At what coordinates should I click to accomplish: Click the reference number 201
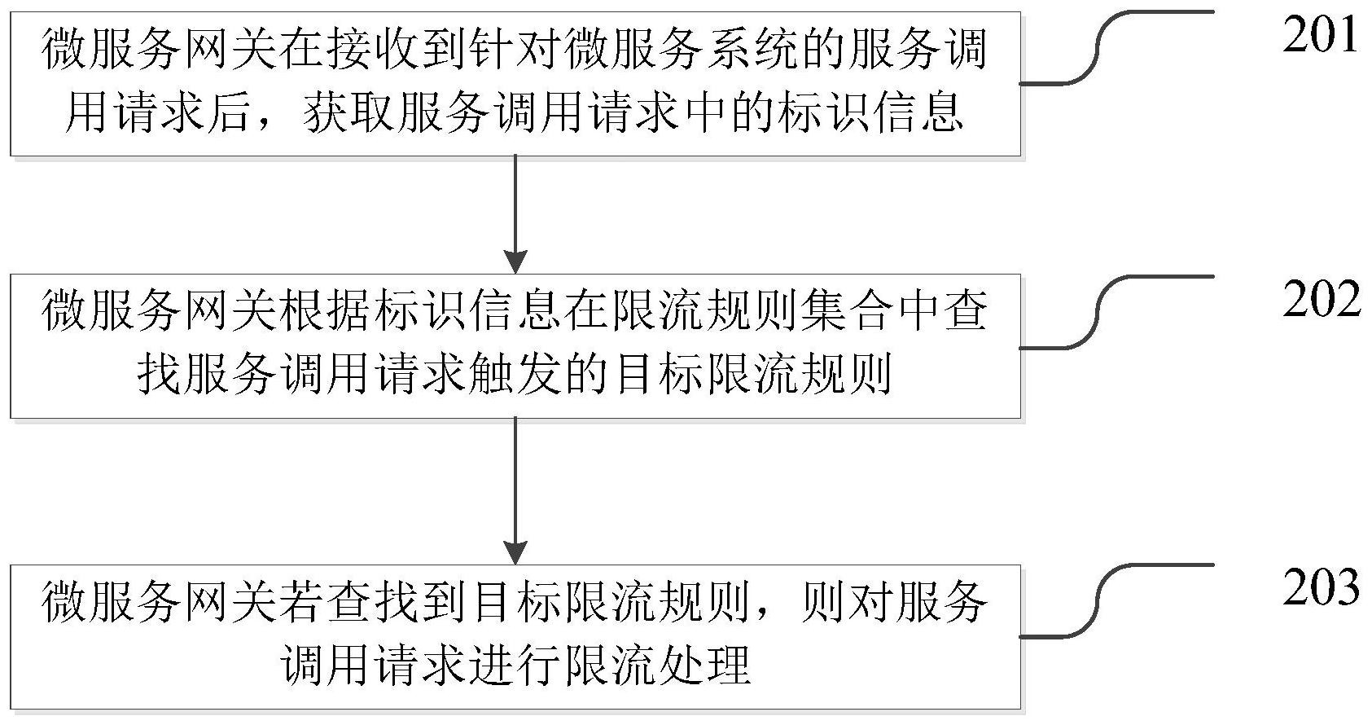1322,36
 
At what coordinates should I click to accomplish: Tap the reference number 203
1322,588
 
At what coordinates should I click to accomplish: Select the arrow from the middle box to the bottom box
515,490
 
